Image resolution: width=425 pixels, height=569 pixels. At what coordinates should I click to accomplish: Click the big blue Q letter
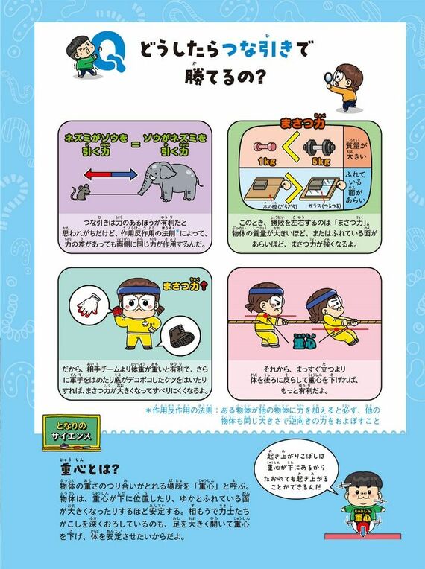point(118,52)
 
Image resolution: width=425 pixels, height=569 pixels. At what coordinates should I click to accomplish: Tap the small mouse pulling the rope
point(78,195)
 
